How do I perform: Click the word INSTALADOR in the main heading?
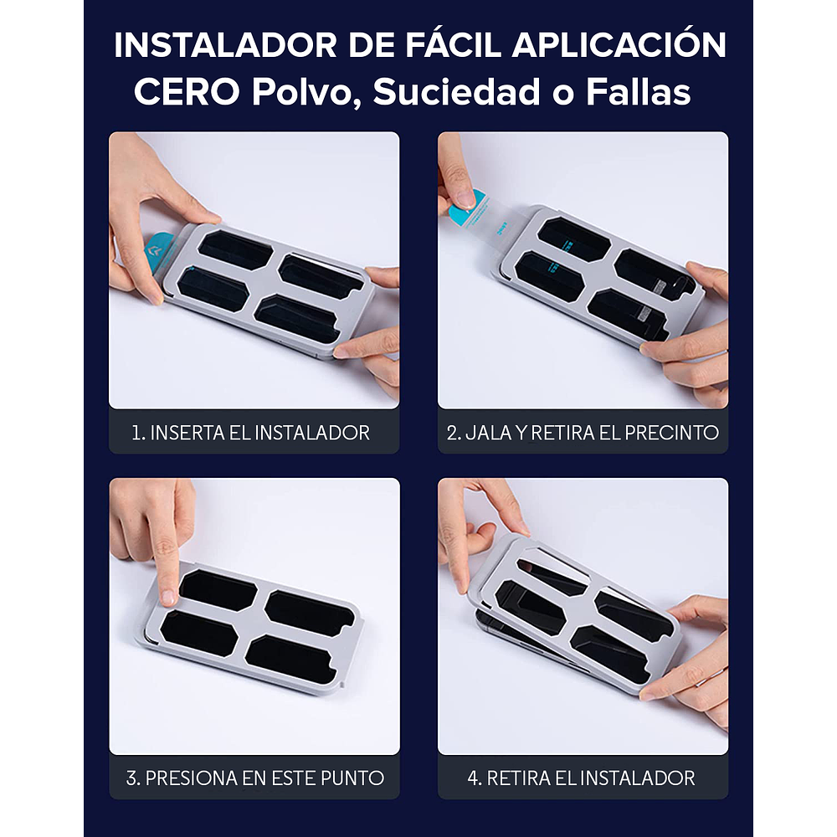pos(224,45)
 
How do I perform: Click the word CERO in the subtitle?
pos(187,92)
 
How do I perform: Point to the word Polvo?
pos(306,93)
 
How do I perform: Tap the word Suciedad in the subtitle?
pos(456,92)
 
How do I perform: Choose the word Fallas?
pos(639,92)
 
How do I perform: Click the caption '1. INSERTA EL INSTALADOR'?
pos(251,433)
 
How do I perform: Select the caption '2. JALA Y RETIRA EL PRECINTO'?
pos(583,433)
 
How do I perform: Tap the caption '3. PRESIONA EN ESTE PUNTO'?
pos(254,778)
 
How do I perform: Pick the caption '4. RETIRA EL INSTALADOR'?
pos(582,778)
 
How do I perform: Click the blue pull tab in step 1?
pos(158,254)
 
